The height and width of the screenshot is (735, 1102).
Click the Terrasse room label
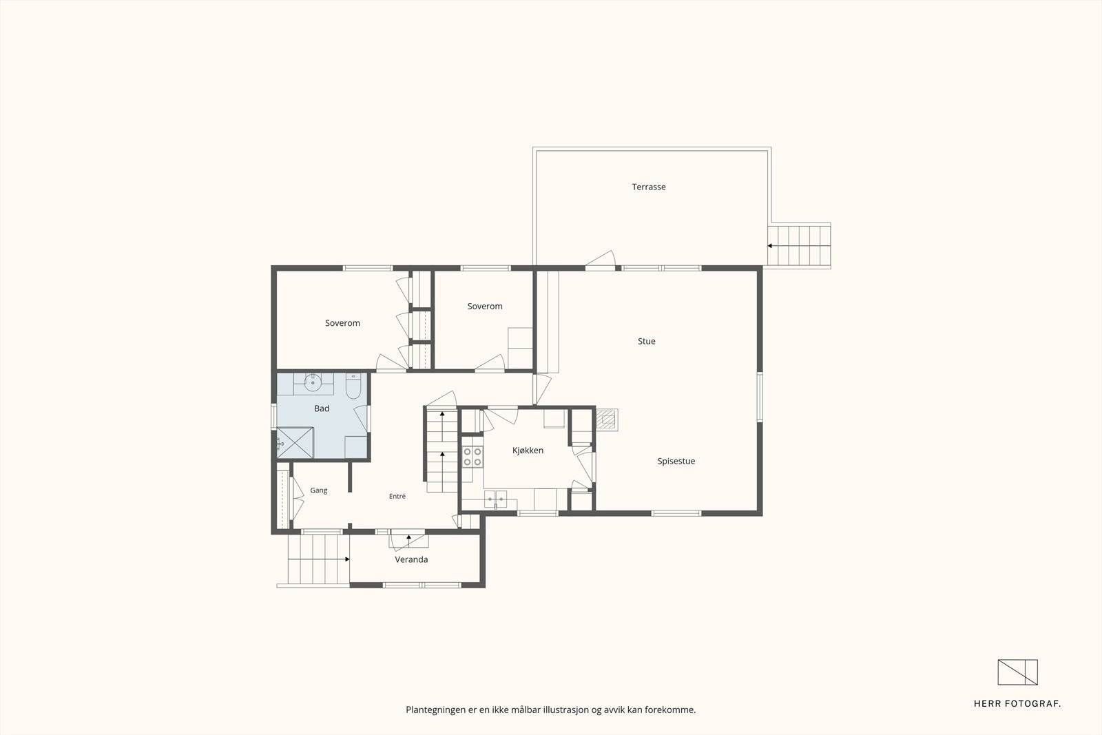pyautogui.click(x=648, y=187)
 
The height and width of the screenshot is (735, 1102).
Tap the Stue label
pyautogui.click(x=647, y=342)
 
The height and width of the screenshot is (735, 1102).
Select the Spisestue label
pyautogui.click(x=676, y=462)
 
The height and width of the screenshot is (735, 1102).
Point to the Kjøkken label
pyautogui.click(x=528, y=451)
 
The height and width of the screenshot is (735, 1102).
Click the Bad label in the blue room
pyautogui.click(x=322, y=408)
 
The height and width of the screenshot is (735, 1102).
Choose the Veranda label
pyautogui.click(x=411, y=559)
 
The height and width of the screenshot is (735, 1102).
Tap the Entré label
pyautogui.click(x=397, y=497)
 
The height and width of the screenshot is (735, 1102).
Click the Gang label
pyautogui.click(x=319, y=490)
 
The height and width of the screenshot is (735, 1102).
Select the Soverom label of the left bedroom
pyautogui.click(x=342, y=323)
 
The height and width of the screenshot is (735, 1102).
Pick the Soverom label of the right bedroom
pyautogui.click(x=485, y=307)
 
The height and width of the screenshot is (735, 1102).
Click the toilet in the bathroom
pyautogui.click(x=353, y=386)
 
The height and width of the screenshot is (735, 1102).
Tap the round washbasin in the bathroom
pyautogui.click(x=313, y=381)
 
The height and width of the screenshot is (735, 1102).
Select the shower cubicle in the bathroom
pyautogui.click(x=295, y=443)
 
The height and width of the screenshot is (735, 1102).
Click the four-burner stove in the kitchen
pyautogui.click(x=472, y=457)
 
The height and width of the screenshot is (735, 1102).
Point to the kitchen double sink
pyautogui.click(x=495, y=499)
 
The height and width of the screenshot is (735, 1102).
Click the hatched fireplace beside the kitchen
pyautogui.click(x=607, y=420)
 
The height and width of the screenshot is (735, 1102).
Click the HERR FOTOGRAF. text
pyautogui.click(x=1017, y=704)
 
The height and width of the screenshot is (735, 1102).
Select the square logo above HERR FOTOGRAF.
pyautogui.click(x=1018, y=672)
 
